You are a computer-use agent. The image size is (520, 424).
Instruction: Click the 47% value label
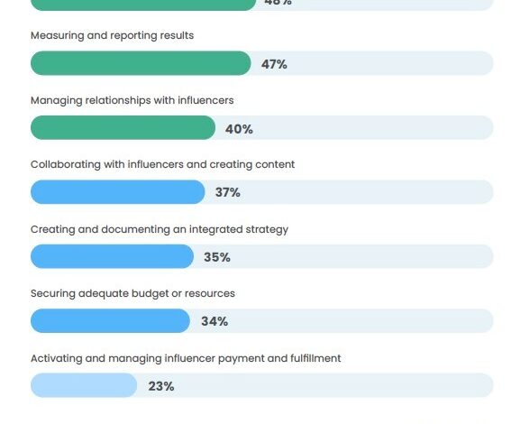click(x=274, y=64)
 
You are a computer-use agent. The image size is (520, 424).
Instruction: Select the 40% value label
click(x=239, y=129)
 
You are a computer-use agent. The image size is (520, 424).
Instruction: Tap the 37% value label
click(x=228, y=193)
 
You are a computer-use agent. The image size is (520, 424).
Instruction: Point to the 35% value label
click(x=217, y=257)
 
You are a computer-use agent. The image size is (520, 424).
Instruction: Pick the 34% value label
click(x=214, y=321)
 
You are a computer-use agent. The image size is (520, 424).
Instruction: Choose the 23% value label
click(x=161, y=386)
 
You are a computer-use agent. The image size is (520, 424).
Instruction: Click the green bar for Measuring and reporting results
click(x=141, y=63)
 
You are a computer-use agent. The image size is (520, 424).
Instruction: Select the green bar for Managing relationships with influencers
click(x=123, y=128)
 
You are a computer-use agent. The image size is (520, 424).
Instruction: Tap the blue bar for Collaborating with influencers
click(x=118, y=192)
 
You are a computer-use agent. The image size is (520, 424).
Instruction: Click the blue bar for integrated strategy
click(x=112, y=256)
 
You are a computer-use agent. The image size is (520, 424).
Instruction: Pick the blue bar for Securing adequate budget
click(x=110, y=320)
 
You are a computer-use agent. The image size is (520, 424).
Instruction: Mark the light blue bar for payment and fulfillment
click(x=84, y=385)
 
